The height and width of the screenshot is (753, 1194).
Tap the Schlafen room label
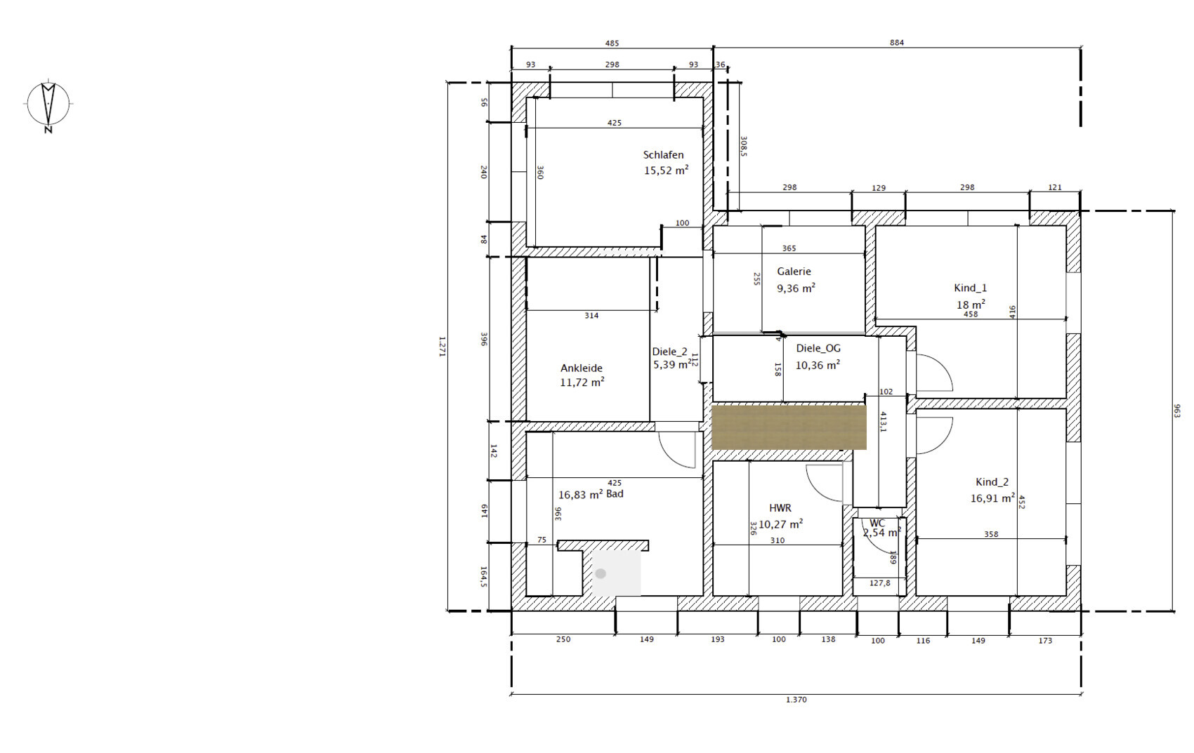(x=663, y=155)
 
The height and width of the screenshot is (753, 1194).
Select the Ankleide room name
(x=582, y=368)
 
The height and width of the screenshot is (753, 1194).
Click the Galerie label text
(x=794, y=272)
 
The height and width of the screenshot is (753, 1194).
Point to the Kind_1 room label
(x=970, y=288)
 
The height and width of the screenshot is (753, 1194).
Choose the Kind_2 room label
(x=992, y=482)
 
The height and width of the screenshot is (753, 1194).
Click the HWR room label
(x=780, y=508)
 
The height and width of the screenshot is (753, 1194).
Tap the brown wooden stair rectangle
(x=789, y=427)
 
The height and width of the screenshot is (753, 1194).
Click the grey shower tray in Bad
(x=616, y=573)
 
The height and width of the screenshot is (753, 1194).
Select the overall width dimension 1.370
(x=796, y=700)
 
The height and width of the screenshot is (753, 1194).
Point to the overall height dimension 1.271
(x=442, y=346)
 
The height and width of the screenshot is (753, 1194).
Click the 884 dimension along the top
(x=897, y=43)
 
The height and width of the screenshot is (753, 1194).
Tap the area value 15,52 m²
(x=667, y=171)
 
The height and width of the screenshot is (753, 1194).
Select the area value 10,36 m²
(x=818, y=366)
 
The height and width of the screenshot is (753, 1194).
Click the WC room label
(x=877, y=524)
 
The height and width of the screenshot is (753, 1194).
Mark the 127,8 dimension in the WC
(x=879, y=583)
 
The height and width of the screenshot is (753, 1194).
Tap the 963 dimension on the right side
(x=1177, y=411)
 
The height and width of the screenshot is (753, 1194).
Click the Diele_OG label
(x=818, y=348)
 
